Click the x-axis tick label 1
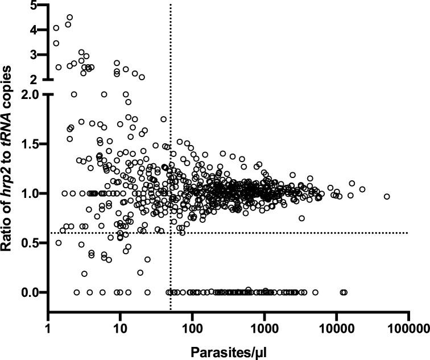click(48, 329)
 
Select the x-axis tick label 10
click(119, 329)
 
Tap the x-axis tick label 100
click(192, 329)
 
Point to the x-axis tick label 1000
click(264, 329)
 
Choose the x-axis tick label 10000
click(336, 329)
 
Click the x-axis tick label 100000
click(408, 329)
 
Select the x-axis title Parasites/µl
click(228, 351)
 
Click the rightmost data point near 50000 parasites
click(387, 196)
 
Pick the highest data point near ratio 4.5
click(69, 17)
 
